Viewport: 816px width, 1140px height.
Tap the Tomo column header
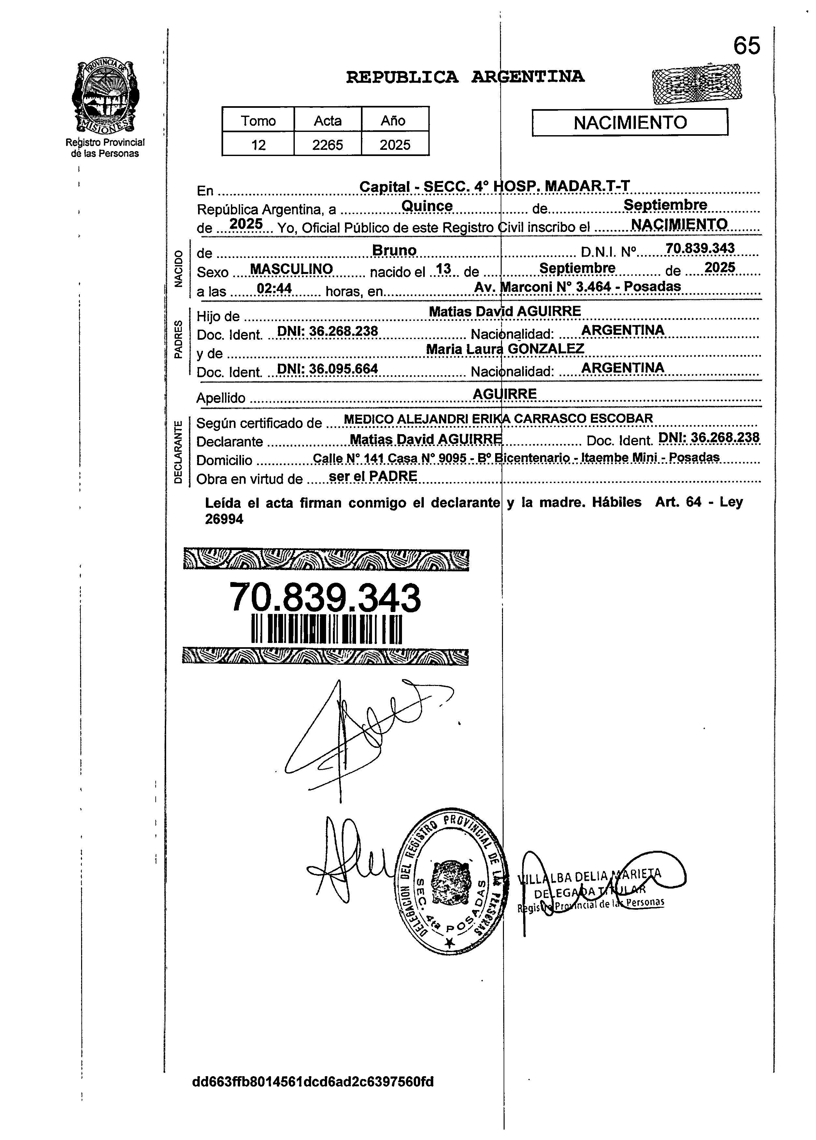pyautogui.click(x=258, y=121)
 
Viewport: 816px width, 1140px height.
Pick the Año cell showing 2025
pyautogui.click(x=395, y=145)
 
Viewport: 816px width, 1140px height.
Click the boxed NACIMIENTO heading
pyautogui.click(x=630, y=122)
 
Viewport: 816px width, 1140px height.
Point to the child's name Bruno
pyautogui.click(x=394, y=250)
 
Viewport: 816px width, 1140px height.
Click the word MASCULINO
pyautogui.click(x=292, y=269)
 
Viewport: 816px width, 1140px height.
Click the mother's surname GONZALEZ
pyautogui.click(x=546, y=349)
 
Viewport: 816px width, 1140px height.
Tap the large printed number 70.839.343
pyautogui.click(x=325, y=598)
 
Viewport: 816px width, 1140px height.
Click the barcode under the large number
pyautogui.click(x=327, y=629)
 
